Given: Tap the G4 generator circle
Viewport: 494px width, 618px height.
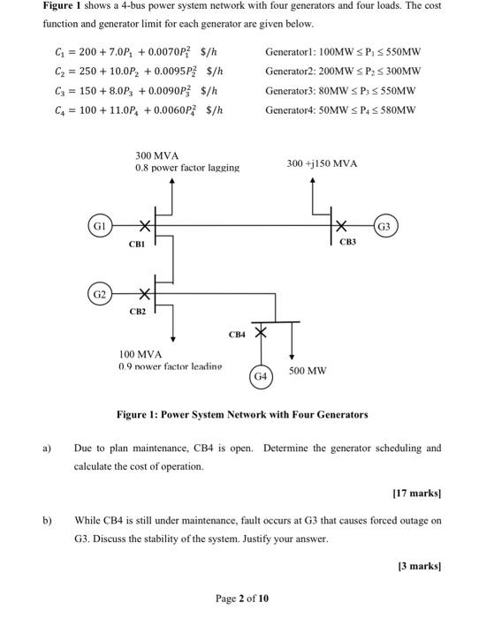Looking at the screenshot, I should point(261,376).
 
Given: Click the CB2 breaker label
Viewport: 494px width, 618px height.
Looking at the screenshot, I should point(137,311).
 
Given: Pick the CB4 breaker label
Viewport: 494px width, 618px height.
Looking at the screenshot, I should point(237,335).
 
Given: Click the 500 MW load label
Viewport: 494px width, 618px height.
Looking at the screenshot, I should point(308,371).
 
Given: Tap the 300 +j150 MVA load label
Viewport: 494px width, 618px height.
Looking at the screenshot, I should point(322,163).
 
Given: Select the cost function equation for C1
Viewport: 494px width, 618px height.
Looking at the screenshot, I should point(137,52).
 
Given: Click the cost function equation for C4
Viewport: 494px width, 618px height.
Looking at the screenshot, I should point(137,109).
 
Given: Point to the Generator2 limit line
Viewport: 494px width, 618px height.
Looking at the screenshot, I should point(343,72).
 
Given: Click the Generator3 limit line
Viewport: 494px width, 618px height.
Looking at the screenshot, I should point(343,90).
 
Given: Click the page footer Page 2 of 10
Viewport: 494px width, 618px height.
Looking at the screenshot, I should point(247,598).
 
